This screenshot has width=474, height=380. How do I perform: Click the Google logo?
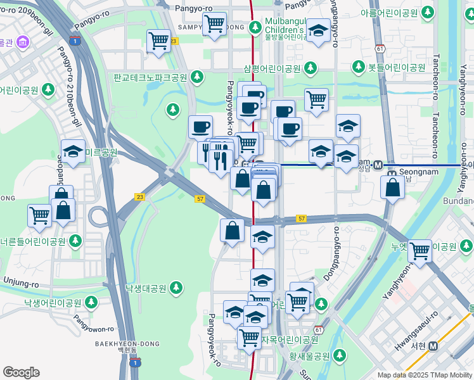21,372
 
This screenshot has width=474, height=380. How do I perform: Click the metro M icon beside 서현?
434,346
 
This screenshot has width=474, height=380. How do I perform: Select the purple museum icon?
23,43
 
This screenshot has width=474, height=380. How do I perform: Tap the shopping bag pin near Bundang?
393,187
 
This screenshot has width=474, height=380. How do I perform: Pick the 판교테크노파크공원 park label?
151,77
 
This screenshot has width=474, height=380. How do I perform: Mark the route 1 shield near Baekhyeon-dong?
134,363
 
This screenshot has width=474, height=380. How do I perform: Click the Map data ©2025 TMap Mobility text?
425,375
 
